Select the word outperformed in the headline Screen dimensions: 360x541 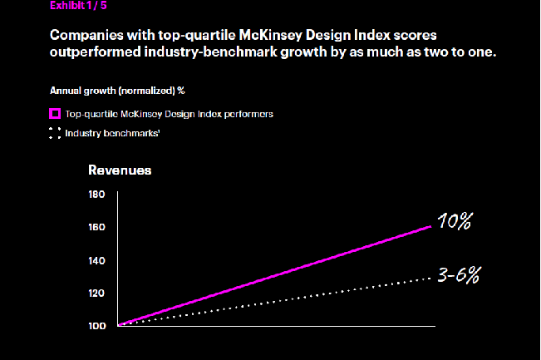tap(94, 52)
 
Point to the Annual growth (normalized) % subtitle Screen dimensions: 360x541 tap(116, 89)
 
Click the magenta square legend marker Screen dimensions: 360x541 tap(55, 113)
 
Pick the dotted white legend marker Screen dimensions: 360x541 tap(55, 133)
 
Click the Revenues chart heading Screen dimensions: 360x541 tap(120, 170)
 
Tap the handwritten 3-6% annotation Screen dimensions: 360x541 tap(456, 274)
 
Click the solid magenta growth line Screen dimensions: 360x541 tap(274, 275)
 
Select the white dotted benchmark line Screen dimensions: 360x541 tap(274, 301)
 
